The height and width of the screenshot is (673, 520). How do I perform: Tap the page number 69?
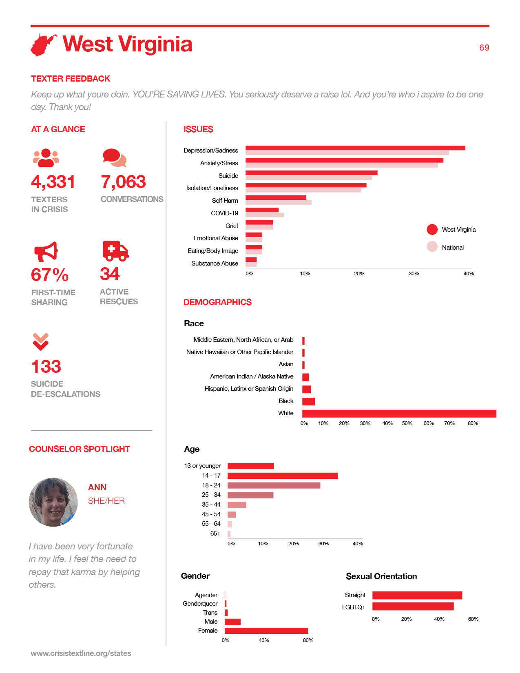pyautogui.click(x=484, y=48)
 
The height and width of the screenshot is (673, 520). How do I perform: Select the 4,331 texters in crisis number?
pyautogui.click(x=53, y=182)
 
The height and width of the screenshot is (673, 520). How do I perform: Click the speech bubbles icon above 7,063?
pyautogui.click(x=115, y=157)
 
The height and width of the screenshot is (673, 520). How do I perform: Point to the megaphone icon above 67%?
pyautogui.click(x=46, y=252)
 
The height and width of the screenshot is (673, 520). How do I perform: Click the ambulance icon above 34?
pyautogui.click(x=115, y=251)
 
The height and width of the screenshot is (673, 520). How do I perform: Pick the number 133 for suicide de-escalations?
pyautogui.click(x=46, y=366)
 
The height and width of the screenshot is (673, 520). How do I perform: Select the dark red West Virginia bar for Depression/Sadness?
pyautogui.click(x=355, y=148)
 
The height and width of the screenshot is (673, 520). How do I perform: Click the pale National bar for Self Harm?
pyautogui.click(x=279, y=203)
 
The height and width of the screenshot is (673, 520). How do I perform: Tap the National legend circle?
pyautogui.click(x=432, y=247)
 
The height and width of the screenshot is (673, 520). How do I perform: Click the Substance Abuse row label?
pyautogui.click(x=215, y=263)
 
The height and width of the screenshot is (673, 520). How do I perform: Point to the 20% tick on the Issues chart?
pyautogui.click(x=359, y=273)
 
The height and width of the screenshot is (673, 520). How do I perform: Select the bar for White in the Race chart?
pyautogui.click(x=399, y=414)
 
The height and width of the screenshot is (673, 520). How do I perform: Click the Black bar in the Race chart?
pyautogui.click(x=308, y=401)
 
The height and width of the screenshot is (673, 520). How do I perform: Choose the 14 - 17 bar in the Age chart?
pyautogui.click(x=283, y=476)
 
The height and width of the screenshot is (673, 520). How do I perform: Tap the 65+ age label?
pyautogui.click(x=215, y=534)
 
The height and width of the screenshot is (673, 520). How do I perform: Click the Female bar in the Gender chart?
pyautogui.click(x=266, y=631)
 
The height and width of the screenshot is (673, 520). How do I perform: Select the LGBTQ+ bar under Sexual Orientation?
pyautogui.click(x=413, y=607)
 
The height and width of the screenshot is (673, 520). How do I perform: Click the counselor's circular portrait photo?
pyautogui.click(x=53, y=502)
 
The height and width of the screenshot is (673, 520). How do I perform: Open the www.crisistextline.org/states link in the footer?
pyautogui.click(x=81, y=653)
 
